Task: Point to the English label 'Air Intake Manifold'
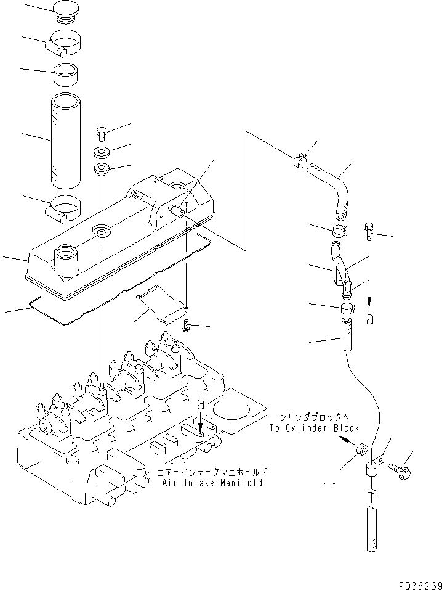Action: pyautogui.click(x=212, y=483)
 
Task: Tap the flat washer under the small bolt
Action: pyautogui.click(x=102, y=152)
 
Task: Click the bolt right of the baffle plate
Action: pyautogui.click(x=187, y=326)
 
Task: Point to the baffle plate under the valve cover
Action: pyautogui.click(x=161, y=304)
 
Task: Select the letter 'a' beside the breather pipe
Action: pyautogui.click(x=370, y=319)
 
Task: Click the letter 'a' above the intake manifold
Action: pyautogui.click(x=201, y=404)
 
